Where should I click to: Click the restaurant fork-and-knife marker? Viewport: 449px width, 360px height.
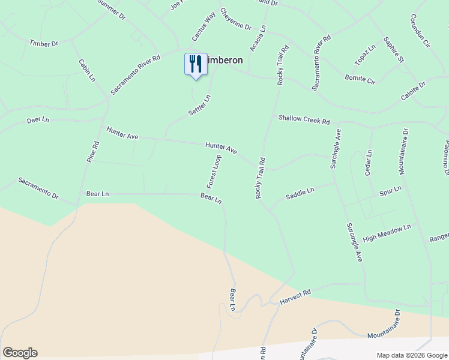click(196, 64)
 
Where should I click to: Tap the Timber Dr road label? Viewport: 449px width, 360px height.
click(44, 43)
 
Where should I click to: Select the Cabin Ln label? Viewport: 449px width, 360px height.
click(87, 70)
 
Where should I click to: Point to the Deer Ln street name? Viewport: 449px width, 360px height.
click(38, 120)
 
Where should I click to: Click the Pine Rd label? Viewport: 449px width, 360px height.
click(92, 152)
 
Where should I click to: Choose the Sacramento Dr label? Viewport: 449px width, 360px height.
click(38, 188)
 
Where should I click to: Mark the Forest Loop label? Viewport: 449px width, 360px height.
click(214, 170)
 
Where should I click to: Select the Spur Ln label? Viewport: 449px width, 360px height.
click(390, 191)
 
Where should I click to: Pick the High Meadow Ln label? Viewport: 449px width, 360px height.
click(387, 233)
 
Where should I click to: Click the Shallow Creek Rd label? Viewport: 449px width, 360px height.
click(304, 119)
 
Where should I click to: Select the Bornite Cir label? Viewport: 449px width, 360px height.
click(359, 77)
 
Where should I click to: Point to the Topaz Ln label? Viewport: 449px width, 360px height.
click(364, 55)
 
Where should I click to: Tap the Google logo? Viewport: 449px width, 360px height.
click(20, 353)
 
